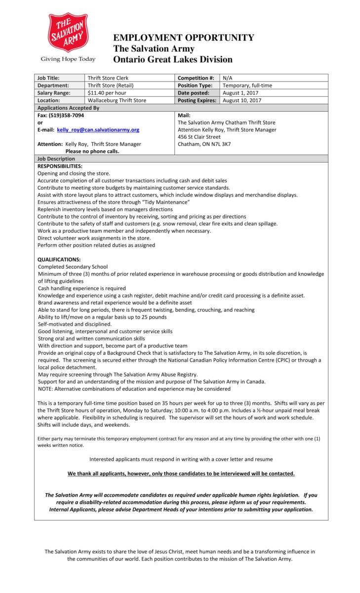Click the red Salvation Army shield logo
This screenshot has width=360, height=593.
pos(68,33)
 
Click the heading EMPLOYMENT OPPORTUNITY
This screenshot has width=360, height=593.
pos(184,38)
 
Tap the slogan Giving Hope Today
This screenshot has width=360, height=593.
pos(68,59)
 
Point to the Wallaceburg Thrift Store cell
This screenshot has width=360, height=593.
pos(117,100)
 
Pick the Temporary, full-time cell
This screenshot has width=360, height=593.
pos(247,85)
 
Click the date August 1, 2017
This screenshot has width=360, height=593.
pos(240,93)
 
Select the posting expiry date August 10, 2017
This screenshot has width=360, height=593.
pos(242,100)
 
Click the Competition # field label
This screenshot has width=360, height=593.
pos(196,78)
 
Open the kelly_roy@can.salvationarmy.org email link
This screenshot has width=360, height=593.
pos(98,129)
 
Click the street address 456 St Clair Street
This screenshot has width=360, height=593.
pos(199,137)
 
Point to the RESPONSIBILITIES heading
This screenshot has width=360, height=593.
pos(60,166)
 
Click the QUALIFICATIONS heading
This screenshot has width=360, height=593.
pos(59,259)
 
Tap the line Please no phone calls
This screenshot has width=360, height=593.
pos(92,151)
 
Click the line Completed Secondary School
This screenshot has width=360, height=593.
pos(73,267)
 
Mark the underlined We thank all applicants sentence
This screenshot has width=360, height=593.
pos(181,473)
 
